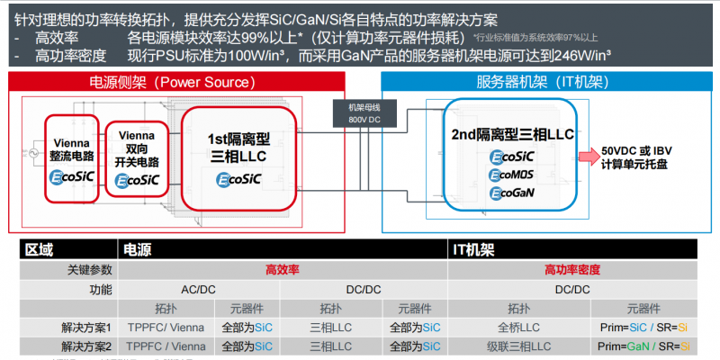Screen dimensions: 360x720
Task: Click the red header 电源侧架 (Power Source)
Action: click(168, 83)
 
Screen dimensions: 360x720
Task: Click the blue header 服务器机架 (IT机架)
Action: click(539, 83)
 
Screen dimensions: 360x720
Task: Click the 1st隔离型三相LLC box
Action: click(238, 155)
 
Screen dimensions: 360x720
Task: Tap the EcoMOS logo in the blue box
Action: click(514, 175)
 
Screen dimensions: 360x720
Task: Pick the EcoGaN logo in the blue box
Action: click(514, 193)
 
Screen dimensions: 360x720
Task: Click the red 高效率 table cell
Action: click(282, 269)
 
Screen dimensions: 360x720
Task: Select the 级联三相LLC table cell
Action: click(518, 346)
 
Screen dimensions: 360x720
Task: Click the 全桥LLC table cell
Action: click(518, 328)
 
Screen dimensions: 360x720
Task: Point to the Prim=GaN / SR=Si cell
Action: click(644, 346)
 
